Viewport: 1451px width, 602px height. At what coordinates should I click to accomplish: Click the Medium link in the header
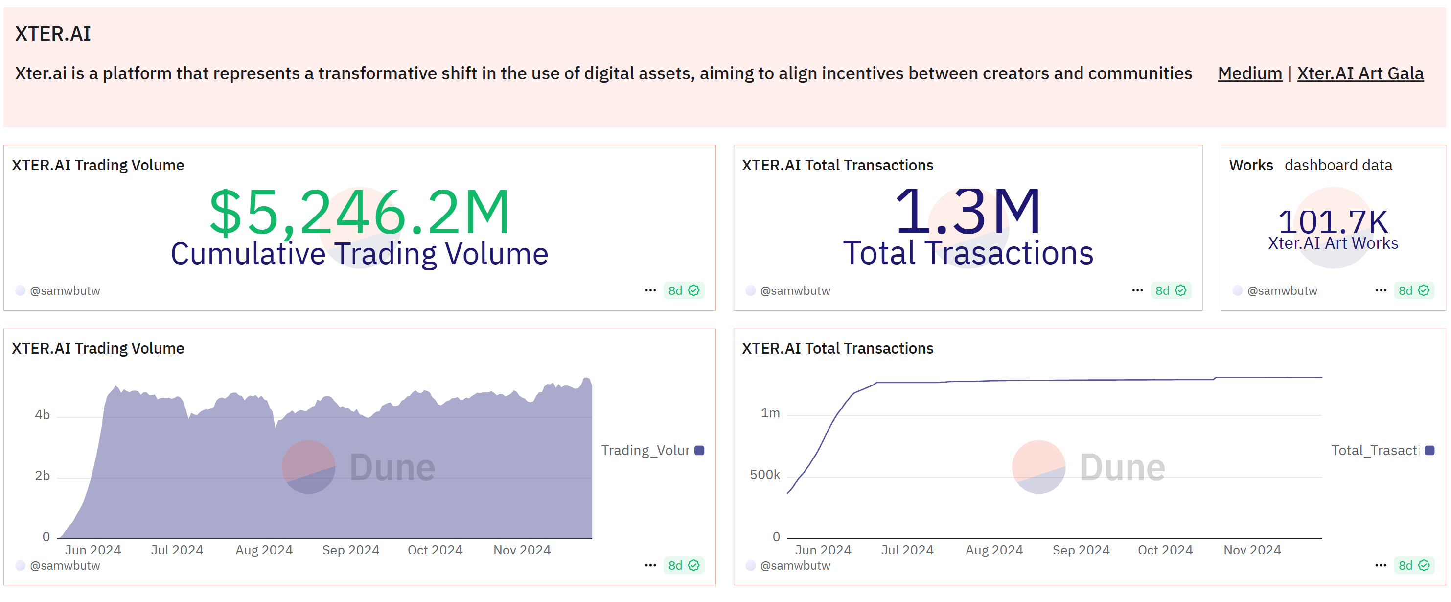[1249, 73]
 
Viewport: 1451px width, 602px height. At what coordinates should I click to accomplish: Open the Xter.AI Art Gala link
[1360, 73]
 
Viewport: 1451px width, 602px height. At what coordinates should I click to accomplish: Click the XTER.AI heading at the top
[53, 34]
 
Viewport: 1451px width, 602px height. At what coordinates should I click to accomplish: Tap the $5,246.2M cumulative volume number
[359, 212]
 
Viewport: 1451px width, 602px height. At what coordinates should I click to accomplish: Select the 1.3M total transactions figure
[967, 212]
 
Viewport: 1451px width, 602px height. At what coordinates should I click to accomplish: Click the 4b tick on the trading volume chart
[42, 415]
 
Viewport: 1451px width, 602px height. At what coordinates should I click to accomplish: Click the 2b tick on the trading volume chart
[42, 476]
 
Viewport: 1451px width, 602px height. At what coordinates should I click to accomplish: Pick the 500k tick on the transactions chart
[764, 475]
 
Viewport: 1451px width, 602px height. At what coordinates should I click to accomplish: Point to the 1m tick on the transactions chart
[770, 413]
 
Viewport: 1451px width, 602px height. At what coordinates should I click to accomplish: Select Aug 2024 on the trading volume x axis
[264, 550]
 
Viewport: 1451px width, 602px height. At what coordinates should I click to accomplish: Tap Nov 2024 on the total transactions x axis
[1252, 550]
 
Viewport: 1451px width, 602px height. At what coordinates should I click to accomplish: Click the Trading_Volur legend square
[699, 450]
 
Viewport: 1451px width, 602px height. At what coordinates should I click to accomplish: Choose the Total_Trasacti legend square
[1429, 450]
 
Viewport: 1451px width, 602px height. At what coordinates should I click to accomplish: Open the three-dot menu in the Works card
[1380, 290]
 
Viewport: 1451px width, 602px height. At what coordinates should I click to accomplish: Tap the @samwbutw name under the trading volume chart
[65, 565]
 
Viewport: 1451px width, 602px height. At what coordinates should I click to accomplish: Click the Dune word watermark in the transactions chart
[1122, 467]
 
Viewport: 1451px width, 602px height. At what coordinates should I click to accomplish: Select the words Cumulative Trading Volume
[359, 254]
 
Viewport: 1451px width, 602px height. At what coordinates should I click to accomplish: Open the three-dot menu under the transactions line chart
[1380, 565]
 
